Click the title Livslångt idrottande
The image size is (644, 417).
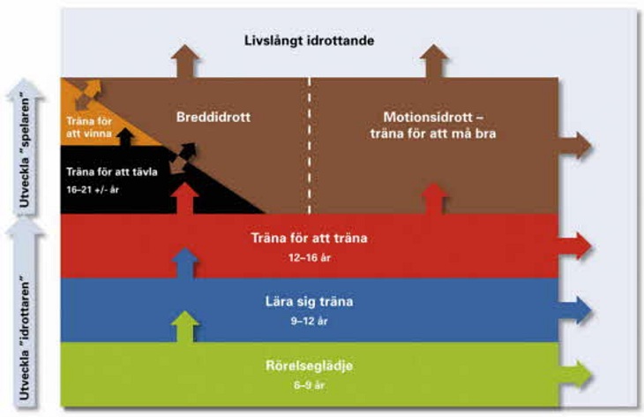[x=310, y=42]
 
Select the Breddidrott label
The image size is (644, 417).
[x=213, y=118]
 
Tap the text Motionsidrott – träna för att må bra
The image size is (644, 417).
[x=433, y=125]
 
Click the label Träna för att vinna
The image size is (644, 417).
[x=89, y=127]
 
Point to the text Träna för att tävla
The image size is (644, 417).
[x=112, y=172]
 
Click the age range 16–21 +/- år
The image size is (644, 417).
[x=93, y=190]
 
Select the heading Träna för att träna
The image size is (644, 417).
[x=310, y=239]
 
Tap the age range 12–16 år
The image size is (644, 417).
[x=310, y=258]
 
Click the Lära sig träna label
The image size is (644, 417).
[x=310, y=302]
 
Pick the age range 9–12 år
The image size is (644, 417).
[x=310, y=322]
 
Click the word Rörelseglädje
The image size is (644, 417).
[x=310, y=366]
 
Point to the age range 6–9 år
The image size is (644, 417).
[x=310, y=385]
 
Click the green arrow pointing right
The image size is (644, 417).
[x=575, y=375]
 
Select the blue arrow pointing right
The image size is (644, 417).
[x=575, y=310]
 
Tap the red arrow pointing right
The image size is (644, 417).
[x=575, y=246]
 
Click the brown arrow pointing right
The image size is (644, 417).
[x=575, y=146]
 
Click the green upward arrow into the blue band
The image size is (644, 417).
[x=185, y=327]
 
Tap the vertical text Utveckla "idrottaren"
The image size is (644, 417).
[x=25, y=340]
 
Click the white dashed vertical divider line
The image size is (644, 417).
[x=310, y=146]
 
